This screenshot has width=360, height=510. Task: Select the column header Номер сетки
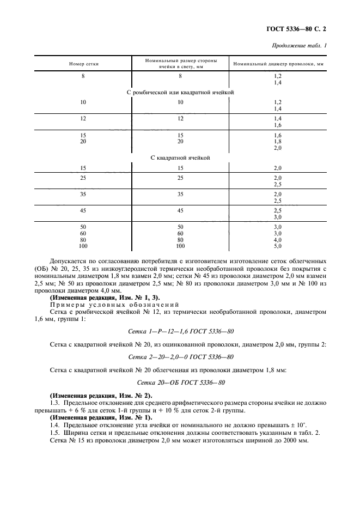pos(83,64)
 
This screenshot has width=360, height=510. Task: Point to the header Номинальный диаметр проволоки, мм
pos(278,64)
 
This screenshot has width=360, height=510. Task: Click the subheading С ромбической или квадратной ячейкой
pos(180,93)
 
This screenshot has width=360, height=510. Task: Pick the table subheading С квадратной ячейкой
pos(180,157)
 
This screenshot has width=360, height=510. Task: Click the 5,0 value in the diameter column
pos(277,246)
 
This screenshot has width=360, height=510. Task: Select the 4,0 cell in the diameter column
pos(277,239)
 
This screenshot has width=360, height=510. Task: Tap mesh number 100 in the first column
pos(83,246)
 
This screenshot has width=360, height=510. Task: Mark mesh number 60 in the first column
pos(83,233)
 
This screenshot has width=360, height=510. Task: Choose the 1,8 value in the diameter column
pos(277,141)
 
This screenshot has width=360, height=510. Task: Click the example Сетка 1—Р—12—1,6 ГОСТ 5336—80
pos(180,331)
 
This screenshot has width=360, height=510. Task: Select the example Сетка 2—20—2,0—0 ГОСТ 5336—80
pos(180,356)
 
